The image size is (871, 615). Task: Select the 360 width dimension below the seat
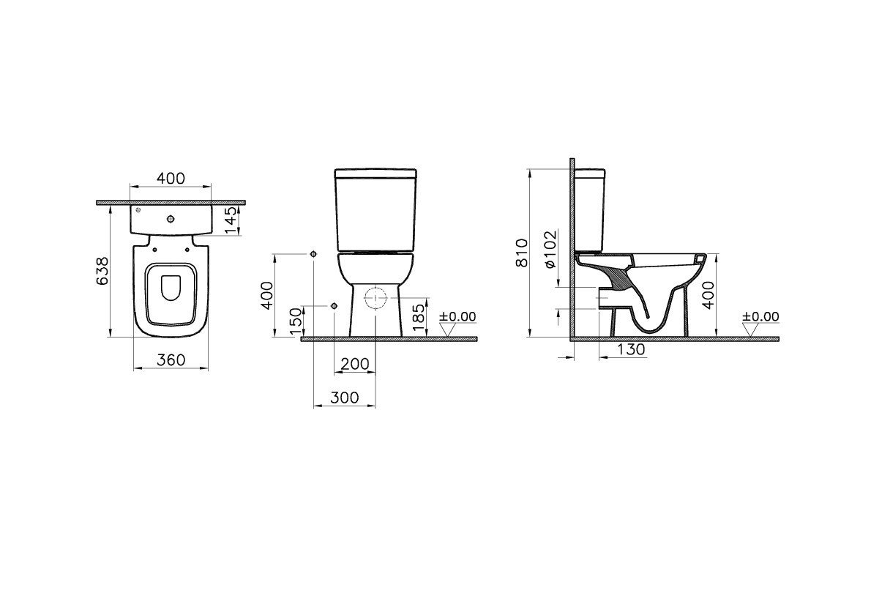[x=171, y=360]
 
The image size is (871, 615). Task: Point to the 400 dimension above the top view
[x=171, y=179]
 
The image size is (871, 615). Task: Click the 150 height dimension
[x=296, y=321]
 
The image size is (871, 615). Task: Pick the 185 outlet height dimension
[x=419, y=318]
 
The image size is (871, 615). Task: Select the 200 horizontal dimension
[x=354, y=364]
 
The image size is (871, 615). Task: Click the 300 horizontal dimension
[x=345, y=398]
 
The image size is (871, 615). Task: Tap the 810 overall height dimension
[x=522, y=253]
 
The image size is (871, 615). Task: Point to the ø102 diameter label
[x=550, y=250]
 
